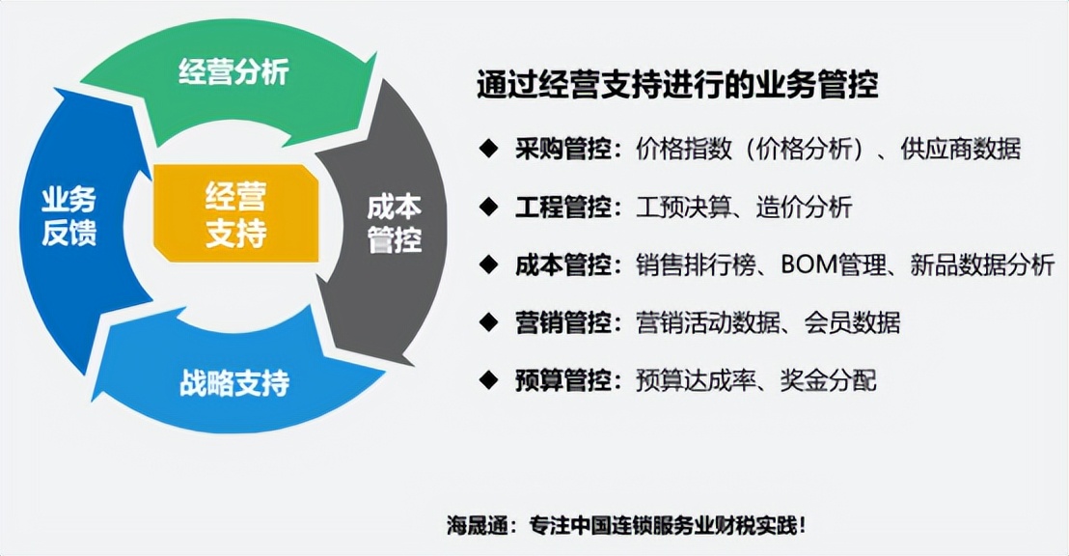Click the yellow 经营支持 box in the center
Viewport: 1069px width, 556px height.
(x=235, y=215)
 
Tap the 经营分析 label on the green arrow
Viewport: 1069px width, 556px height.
(x=233, y=72)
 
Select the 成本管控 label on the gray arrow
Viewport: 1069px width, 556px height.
(x=394, y=224)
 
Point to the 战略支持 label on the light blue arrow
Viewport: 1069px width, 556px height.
(x=234, y=383)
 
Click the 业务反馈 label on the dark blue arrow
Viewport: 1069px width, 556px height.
(x=69, y=216)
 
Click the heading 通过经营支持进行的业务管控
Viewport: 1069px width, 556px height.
(x=677, y=85)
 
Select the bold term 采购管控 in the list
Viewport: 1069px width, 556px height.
(x=563, y=150)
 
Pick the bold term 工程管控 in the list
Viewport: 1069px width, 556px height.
(x=563, y=207)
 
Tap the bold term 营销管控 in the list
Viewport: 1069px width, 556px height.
(x=563, y=322)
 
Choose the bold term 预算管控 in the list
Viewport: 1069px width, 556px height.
(x=563, y=380)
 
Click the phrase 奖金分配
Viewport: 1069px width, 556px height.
(x=829, y=380)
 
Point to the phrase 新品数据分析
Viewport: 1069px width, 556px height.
(x=982, y=264)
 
